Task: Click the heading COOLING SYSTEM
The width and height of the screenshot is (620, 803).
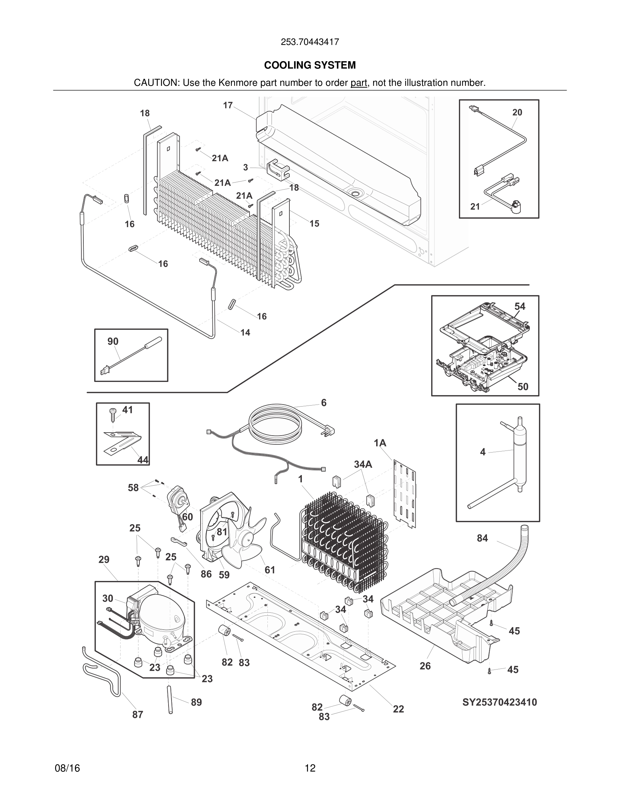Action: [310, 65]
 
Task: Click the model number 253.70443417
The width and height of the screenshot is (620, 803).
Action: [310, 42]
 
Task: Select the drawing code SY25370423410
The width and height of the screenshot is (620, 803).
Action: [499, 702]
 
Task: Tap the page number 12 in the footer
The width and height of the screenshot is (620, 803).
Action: [310, 768]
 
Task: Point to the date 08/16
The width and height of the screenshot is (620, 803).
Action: [67, 768]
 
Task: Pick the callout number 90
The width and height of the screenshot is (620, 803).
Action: [113, 341]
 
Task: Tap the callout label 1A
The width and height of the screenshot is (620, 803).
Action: [380, 443]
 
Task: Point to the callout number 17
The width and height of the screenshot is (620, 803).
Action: [228, 105]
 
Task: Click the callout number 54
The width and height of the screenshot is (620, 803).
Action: [519, 306]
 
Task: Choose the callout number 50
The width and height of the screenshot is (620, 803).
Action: [523, 386]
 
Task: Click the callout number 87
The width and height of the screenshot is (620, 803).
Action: [137, 714]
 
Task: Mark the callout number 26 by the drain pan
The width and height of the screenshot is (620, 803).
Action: [425, 666]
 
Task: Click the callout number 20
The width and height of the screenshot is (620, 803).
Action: [517, 113]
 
